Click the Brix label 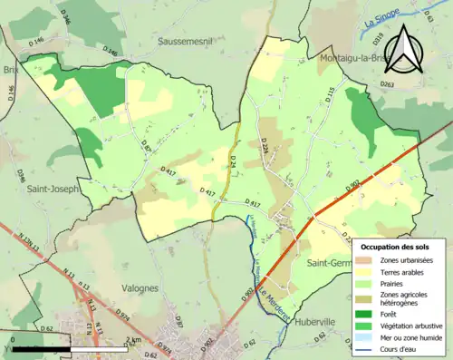click(x=9, y=68)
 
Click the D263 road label click(x=387, y=84)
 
